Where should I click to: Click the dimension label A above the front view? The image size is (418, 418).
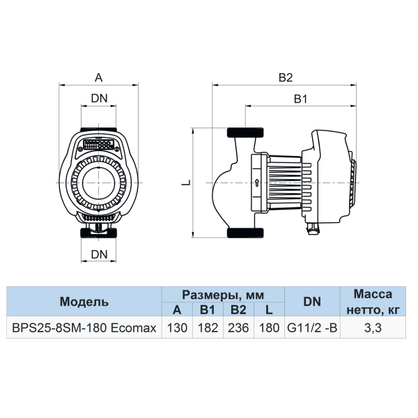click(99, 77)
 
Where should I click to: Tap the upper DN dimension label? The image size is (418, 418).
click(99, 98)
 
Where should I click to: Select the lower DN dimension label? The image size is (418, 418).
click(99, 254)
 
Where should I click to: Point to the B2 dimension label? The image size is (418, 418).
click(286, 77)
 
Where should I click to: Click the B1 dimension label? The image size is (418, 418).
click(301, 99)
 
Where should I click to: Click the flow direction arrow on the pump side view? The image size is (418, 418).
click(257, 183)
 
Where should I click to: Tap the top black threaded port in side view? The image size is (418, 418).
click(245, 132)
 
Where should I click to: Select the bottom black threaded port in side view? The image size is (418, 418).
click(245, 233)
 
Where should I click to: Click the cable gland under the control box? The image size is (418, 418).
click(313, 228)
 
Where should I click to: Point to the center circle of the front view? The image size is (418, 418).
click(99, 183)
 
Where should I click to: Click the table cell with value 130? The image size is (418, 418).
click(177, 327)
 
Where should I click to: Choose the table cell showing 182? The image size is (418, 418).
click(208, 327)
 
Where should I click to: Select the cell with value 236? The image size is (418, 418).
click(238, 327)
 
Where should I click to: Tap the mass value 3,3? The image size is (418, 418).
click(373, 327)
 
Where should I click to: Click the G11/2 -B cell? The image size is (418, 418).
click(312, 327)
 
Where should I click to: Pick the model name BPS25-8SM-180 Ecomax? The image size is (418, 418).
click(84, 327)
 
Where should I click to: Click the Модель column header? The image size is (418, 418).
click(84, 302)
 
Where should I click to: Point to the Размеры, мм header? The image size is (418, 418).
click(223, 295)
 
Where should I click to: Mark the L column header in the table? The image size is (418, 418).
click(269, 310)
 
